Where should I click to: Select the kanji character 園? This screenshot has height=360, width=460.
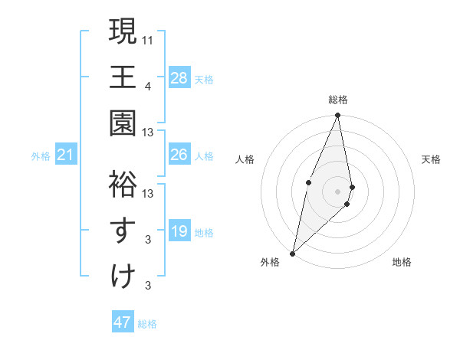click(x=123, y=123)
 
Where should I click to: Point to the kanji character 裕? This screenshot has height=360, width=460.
click(x=123, y=185)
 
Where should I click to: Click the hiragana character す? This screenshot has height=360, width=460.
click(x=123, y=231)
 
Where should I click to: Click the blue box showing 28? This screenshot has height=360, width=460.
click(x=179, y=77)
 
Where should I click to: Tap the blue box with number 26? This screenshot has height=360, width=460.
click(x=179, y=155)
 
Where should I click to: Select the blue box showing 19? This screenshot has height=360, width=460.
click(x=179, y=231)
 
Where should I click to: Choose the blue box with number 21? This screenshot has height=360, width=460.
click(x=66, y=155)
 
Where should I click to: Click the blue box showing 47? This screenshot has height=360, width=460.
click(x=122, y=322)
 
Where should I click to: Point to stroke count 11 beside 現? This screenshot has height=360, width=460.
click(x=149, y=38)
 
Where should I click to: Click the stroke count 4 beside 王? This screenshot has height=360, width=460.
click(x=148, y=85)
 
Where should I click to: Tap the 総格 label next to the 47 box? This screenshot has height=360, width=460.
click(x=147, y=324)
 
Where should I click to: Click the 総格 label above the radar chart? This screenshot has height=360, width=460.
click(x=338, y=100)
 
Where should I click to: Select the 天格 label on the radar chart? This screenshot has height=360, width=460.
click(x=432, y=159)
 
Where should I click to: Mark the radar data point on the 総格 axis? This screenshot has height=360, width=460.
click(x=338, y=116)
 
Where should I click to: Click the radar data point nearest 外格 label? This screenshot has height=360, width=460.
click(x=293, y=253)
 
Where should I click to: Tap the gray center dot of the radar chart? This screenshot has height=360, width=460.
click(x=338, y=190)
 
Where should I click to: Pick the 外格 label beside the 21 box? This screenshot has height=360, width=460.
click(x=41, y=156)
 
